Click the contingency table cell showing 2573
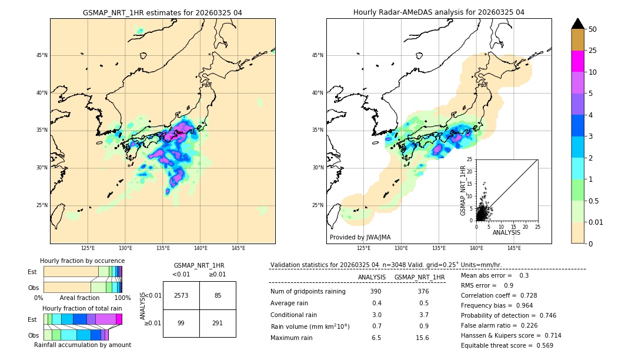tap(181, 295)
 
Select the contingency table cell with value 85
tap(218, 295)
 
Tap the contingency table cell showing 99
tap(181, 323)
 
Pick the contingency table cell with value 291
tap(218, 323)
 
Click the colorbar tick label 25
tap(593, 51)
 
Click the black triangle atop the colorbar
tap(578, 24)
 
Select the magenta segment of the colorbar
tap(578, 61)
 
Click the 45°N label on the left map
tap(42, 55)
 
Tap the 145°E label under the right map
tap(514, 248)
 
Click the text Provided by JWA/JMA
tap(360, 238)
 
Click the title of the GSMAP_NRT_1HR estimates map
tap(162, 12)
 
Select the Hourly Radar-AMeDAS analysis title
tap(439, 12)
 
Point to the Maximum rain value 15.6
tap(422, 338)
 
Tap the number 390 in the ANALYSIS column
tap(376, 291)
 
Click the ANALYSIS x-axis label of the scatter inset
tap(506, 232)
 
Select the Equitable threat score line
tap(507, 345)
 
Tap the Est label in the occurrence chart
tap(32, 272)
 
